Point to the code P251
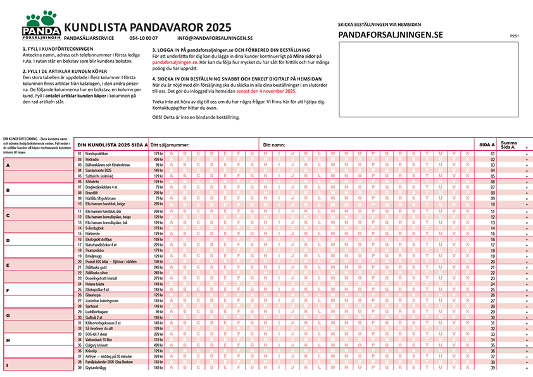click(x=514, y=37)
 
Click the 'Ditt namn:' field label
click(x=276, y=145)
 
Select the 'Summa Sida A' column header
click(x=508, y=144)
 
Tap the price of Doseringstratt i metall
click(x=158, y=278)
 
